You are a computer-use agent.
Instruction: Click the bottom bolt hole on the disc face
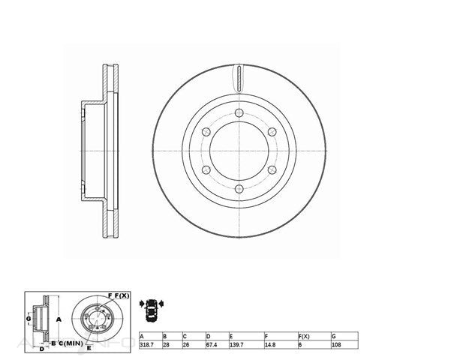point(239,190)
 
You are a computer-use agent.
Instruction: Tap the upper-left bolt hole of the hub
point(206,132)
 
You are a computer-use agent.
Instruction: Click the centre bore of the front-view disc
point(239,151)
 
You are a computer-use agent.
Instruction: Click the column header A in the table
point(141,337)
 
